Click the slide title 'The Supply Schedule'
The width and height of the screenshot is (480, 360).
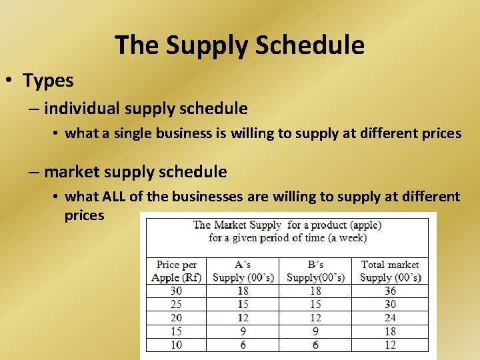click(x=239, y=45)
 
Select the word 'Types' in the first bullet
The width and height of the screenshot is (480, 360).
click(x=48, y=81)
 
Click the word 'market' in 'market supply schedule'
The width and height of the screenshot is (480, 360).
click(x=73, y=172)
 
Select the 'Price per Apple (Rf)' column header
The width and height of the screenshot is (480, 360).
click(x=176, y=271)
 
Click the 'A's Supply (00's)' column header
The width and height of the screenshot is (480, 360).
click(x=243, y=271)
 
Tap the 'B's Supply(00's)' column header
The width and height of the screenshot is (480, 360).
click(x=315, y=271)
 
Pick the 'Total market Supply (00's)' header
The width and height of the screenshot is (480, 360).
click(x=390, y=271)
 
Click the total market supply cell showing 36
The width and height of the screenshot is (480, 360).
click(x=390, y=291)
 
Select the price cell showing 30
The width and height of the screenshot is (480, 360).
click(x=176, y=291)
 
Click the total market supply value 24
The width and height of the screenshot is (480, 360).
click(x=390, y=318)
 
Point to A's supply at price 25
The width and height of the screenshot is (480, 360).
click(x=243, y=304)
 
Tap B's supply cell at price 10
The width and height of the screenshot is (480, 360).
click(x=315, y=345)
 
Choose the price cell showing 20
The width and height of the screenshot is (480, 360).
click(x=176, y=318)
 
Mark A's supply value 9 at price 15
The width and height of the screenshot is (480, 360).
click(x=243, y=331)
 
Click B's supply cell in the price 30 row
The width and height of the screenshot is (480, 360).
click(x=315, y=291)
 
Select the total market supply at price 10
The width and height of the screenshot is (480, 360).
click(x=390, y=345)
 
